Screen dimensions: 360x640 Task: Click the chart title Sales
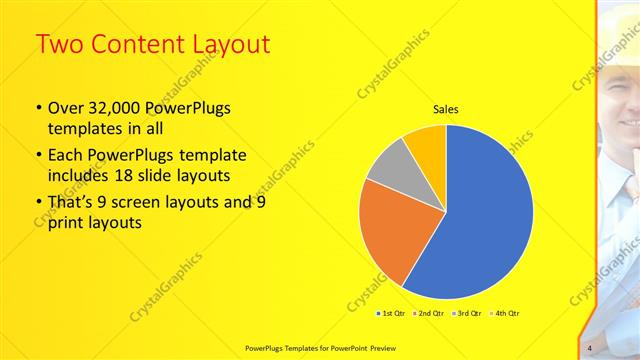click(445, 110)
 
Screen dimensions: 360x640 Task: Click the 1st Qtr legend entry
click(391, 313)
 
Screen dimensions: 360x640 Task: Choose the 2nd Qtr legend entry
click(429, 313)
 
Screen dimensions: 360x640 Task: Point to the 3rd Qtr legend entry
click(468, 313)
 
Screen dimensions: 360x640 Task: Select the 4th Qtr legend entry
click(506, 313)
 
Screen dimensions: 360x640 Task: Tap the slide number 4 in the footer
click(590, 347)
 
